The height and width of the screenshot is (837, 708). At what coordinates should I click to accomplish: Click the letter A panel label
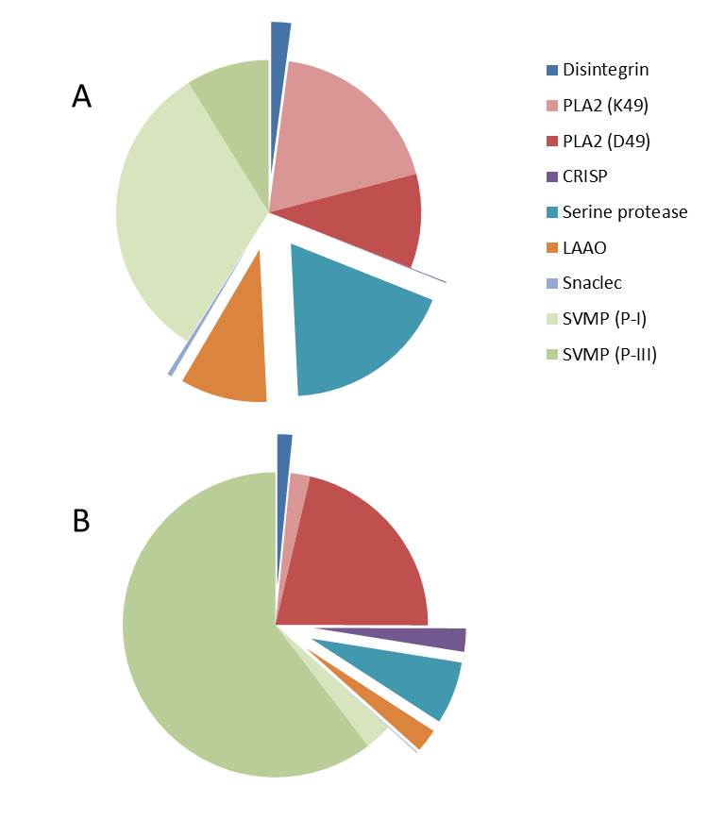[x=82, y=96]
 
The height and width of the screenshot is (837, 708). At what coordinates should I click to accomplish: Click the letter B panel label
[x=81, y=520]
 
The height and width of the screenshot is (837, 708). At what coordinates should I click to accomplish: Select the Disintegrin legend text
[x=605, y=70]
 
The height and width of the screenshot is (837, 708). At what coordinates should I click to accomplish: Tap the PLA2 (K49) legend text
[x=606, y=106]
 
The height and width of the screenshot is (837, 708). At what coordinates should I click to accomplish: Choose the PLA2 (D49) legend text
[x=606, y=142]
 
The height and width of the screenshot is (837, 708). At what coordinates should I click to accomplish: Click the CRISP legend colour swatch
[x=552, y=177]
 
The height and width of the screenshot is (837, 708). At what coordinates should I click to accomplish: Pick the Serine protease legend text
[x=625, y=212]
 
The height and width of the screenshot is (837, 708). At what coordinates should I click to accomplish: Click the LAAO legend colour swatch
[x=552, y=248]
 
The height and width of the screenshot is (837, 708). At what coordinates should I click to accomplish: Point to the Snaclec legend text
[x=592, y=283]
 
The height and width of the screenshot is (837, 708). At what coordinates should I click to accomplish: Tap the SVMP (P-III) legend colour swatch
[x=552, y=355]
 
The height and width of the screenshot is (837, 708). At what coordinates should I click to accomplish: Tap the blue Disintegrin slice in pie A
[x=279, y=38]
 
